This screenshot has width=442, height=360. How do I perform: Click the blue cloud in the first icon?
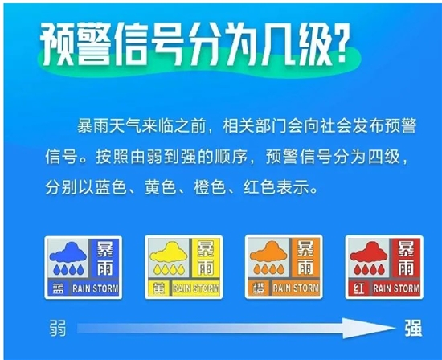pyautogui.click(x=68, y=252)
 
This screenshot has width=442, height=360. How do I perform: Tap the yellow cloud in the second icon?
pyautogui.click(x=169, y=252)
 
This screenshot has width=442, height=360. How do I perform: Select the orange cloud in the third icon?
pyautogui.click(x=269, y=252)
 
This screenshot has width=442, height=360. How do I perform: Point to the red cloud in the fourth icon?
pyautogui.click(x=369, y=252)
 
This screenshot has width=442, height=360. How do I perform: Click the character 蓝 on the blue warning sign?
pyautogui.click(x=58, y=288)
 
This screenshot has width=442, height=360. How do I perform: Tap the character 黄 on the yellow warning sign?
pyautogui.click(x=158, y=288)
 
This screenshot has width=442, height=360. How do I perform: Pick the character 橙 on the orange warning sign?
pyautogui.click(x=259, y=288)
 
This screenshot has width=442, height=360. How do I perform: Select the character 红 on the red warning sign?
pyautogui.click(x=358, y=288)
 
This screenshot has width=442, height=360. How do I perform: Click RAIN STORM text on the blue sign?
pyautogui.click(x=96, y=288)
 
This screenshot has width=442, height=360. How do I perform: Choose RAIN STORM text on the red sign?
pyautogui.click(x=396, y=288)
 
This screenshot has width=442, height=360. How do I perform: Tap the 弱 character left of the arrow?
pyautogui.click(x=58, y=328)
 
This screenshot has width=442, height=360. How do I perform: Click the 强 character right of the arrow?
pyautogui.click(x=414, y=328)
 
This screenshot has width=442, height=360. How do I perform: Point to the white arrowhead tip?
pyautogui.click(x=395, y=328)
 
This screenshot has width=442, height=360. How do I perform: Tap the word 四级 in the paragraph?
pyautogui.click(x=384, y=157)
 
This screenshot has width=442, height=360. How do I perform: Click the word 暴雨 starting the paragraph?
pyautogui.click(x=93, y=126)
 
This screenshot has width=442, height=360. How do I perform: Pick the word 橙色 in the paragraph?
pyautogui.click(x=210, y=187)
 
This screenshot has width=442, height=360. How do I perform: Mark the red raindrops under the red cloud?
pyautogui.click(x=369, y=269)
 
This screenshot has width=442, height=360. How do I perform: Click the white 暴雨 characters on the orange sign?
pyautogui.click(x=305, y=258)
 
